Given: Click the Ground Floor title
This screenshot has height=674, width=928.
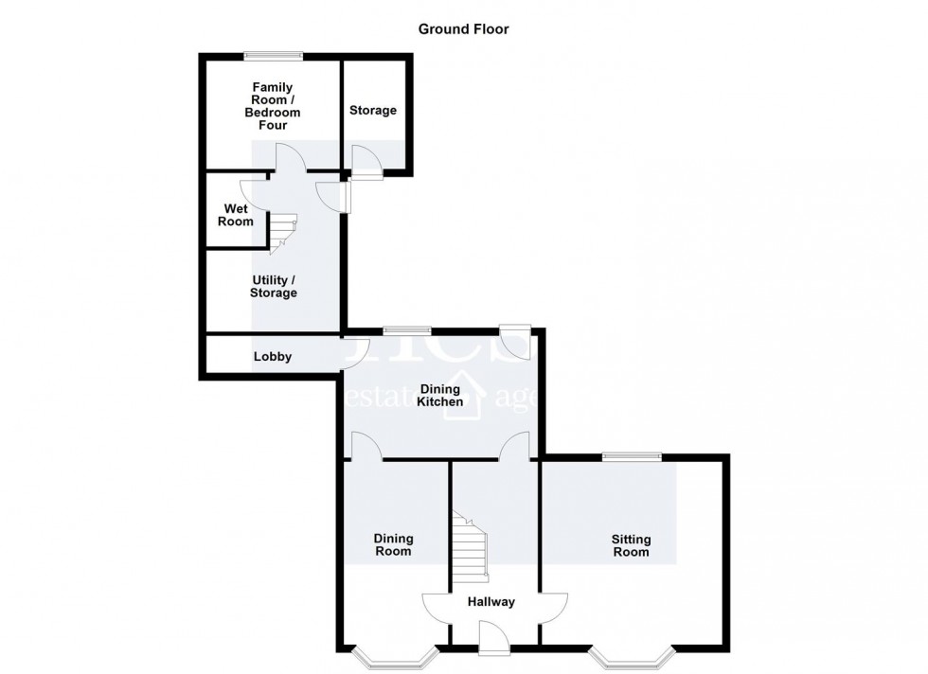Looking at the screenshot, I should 464,28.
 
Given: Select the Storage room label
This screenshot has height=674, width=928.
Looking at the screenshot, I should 373,111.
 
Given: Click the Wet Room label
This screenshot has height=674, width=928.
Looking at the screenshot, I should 238,215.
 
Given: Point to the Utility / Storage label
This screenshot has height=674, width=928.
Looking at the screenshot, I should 274,286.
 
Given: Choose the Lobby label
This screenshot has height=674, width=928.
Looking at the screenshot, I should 272,357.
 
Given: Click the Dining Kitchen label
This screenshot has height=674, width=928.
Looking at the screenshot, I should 440,395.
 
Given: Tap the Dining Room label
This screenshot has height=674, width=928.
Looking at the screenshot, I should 393,544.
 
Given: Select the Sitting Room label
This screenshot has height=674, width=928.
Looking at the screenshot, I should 631,545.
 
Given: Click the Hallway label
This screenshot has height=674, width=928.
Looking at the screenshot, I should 491,601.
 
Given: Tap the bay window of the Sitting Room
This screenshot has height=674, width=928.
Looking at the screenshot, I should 632,655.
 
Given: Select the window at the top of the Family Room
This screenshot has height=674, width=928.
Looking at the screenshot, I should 272,55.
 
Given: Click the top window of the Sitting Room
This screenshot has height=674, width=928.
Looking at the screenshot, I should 632,456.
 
